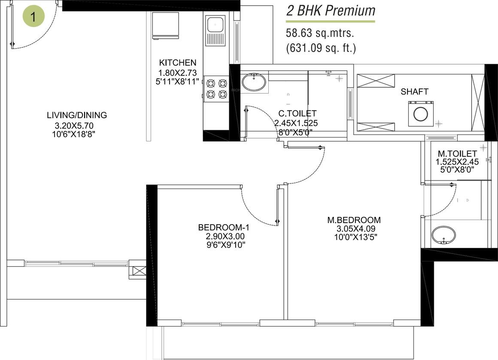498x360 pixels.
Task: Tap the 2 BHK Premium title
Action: pyautogui.click(x=331, y=10)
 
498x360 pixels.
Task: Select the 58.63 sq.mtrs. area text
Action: pyautogui.click(x=320, y=33)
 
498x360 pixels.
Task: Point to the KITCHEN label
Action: pyautogui.click(x=177, y=63)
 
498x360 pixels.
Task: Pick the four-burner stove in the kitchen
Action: pyautogui.click(x=216, y=88)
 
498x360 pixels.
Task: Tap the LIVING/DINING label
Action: pyautogui.click(x=77, y=116)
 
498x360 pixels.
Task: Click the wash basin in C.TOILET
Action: pyautogui.click(x=253, y=82)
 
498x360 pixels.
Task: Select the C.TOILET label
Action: pyautogui.click(x=297, y=114)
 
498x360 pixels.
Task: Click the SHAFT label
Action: pyautogui.click(x=414, y=92)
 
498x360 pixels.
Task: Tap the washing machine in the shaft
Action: pyautogui.click(x=420, y=114)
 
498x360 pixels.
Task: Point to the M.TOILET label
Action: pyautogui.click(x=457, y=154)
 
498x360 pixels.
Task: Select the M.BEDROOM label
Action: pyautogui.click(x=354, y=220)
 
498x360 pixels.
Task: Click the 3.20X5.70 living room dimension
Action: pyautogui.click(x=74, y=125)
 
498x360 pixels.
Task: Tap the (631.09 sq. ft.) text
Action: pyautogui.click(x=321, y=48)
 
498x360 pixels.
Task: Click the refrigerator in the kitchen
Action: pyautogui.click(x=165, y=25)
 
